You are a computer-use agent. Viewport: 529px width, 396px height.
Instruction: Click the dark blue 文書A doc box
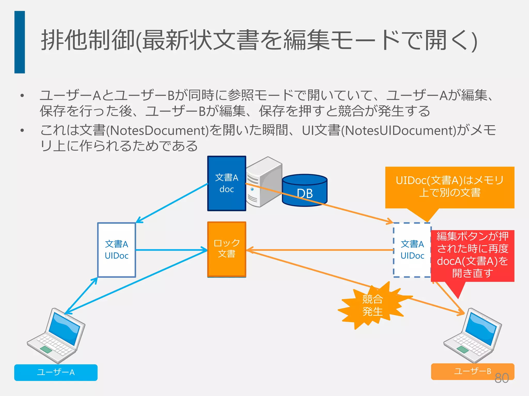227,183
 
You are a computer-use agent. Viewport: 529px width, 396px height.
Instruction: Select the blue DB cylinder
305,191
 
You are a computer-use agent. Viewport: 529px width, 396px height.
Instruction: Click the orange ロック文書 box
227,249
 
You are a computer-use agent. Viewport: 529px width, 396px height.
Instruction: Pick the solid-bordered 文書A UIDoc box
116,250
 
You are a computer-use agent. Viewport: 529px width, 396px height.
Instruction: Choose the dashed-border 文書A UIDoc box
412,250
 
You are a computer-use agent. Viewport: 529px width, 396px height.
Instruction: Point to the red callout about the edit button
472,255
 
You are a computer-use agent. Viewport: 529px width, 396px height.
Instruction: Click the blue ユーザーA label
56,372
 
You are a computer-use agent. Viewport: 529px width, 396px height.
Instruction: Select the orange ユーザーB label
472,371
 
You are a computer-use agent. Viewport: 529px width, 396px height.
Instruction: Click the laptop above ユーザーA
57,335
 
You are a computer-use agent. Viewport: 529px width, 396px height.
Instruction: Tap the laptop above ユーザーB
473,335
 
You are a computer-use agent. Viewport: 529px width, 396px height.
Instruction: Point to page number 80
502,378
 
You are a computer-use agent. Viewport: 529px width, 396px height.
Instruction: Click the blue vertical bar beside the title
20,42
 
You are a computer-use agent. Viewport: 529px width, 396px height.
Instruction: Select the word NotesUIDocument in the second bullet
399,130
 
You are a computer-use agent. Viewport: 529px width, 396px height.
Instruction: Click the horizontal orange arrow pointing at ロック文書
320,250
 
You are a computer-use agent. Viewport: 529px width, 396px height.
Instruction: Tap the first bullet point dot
22,96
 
